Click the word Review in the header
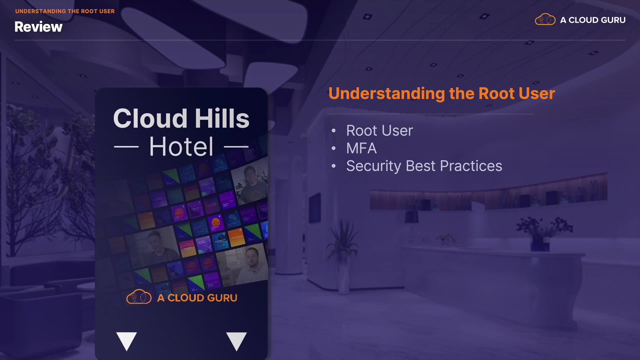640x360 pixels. point(38,27)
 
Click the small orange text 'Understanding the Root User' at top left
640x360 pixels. point(65,11)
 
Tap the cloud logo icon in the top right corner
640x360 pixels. point(545,19)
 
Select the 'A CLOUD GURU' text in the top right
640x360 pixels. point(593,20)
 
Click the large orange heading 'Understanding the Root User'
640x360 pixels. point(442,93)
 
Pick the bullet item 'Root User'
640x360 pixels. point(379,130)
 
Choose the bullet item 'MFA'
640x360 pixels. point(361,148)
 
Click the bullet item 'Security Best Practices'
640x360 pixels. point(424,166)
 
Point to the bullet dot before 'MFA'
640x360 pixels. point(334,148)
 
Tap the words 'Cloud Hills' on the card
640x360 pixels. point(181,118)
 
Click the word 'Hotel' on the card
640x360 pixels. point(181,146)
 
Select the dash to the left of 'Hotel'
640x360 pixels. point(126,146)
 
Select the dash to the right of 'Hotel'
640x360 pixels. point(236,146)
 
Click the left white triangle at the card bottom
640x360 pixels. point(127,340)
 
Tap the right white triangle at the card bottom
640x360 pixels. point(237,340)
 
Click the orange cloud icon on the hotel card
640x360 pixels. point(139,297)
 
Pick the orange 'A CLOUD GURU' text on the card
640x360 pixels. point(197,298)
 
